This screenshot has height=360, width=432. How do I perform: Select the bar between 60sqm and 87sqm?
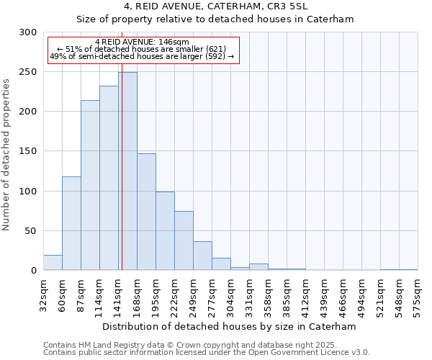(71, 223)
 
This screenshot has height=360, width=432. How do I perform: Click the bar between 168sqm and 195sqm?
(146, 212)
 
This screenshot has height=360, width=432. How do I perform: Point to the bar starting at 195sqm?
(165, 230)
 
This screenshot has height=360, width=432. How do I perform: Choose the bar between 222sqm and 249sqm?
(184, 240)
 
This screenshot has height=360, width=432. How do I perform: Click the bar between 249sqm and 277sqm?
(202, 256)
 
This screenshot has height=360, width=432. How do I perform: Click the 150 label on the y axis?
(28, 151)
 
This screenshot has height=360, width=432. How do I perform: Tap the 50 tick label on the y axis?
(31, 231)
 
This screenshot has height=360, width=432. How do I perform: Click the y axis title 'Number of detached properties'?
(6, 155)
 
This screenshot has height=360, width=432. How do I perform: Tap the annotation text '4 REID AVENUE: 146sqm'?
(141, 42)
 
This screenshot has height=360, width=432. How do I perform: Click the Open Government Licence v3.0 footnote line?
(207, 353)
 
